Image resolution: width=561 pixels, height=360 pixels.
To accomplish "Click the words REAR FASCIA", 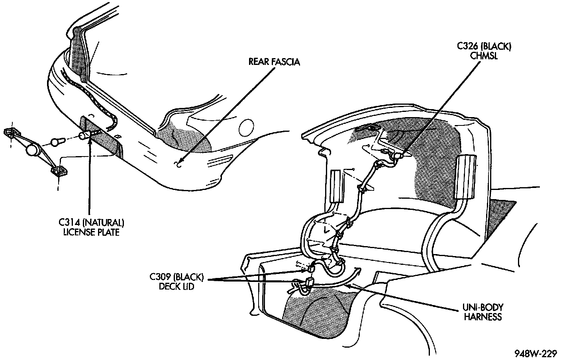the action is click(274, 62).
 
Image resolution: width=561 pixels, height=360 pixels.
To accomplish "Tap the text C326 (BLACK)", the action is click(484, 47).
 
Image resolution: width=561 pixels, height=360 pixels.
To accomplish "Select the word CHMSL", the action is click(484, 56).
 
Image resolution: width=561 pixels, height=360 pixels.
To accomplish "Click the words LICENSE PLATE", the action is click(91, 232).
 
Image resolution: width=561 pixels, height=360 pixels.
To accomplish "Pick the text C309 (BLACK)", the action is click(177, 276).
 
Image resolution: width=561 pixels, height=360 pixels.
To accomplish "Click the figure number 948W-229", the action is click(535, 353).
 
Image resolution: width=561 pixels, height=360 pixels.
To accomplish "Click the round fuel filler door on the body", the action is click(246, 127).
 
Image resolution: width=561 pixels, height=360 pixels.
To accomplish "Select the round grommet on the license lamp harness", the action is click(32, 150).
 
